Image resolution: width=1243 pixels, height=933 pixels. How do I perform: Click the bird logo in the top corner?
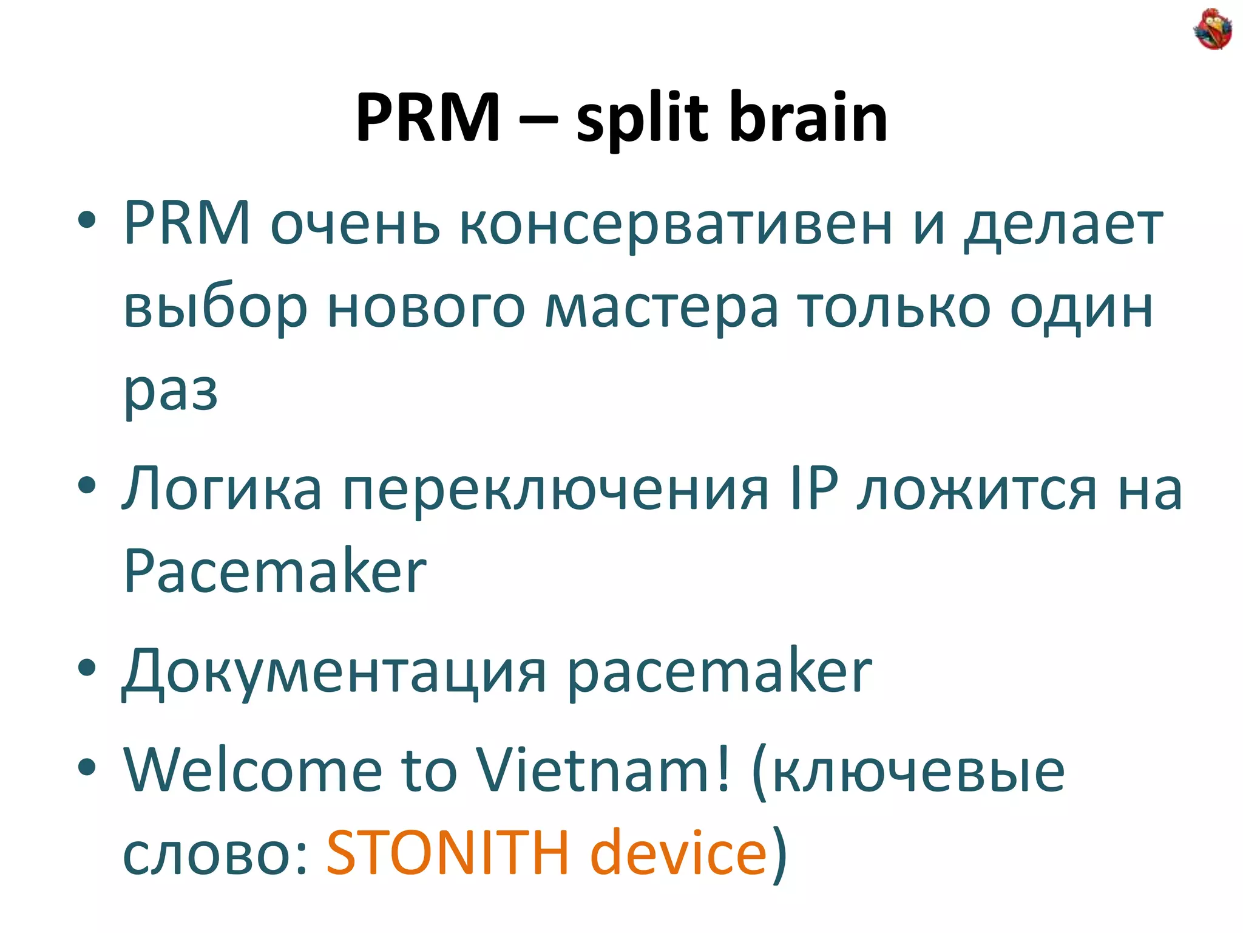tap(1212, 29)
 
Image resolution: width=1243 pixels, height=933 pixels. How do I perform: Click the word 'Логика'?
tap(222, 489)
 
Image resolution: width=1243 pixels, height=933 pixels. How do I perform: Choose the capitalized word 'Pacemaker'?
tap(275, 570)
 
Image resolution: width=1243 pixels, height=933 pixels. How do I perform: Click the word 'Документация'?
tap(334, 672)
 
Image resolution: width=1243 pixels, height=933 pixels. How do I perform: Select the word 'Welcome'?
tap(252, 770)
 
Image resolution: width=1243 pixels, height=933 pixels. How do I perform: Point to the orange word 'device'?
tap(679, 853)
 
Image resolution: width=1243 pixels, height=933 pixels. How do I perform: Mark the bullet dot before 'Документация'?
tap(87, 668)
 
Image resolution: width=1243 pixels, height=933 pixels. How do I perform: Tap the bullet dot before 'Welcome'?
tap(87, 767)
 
